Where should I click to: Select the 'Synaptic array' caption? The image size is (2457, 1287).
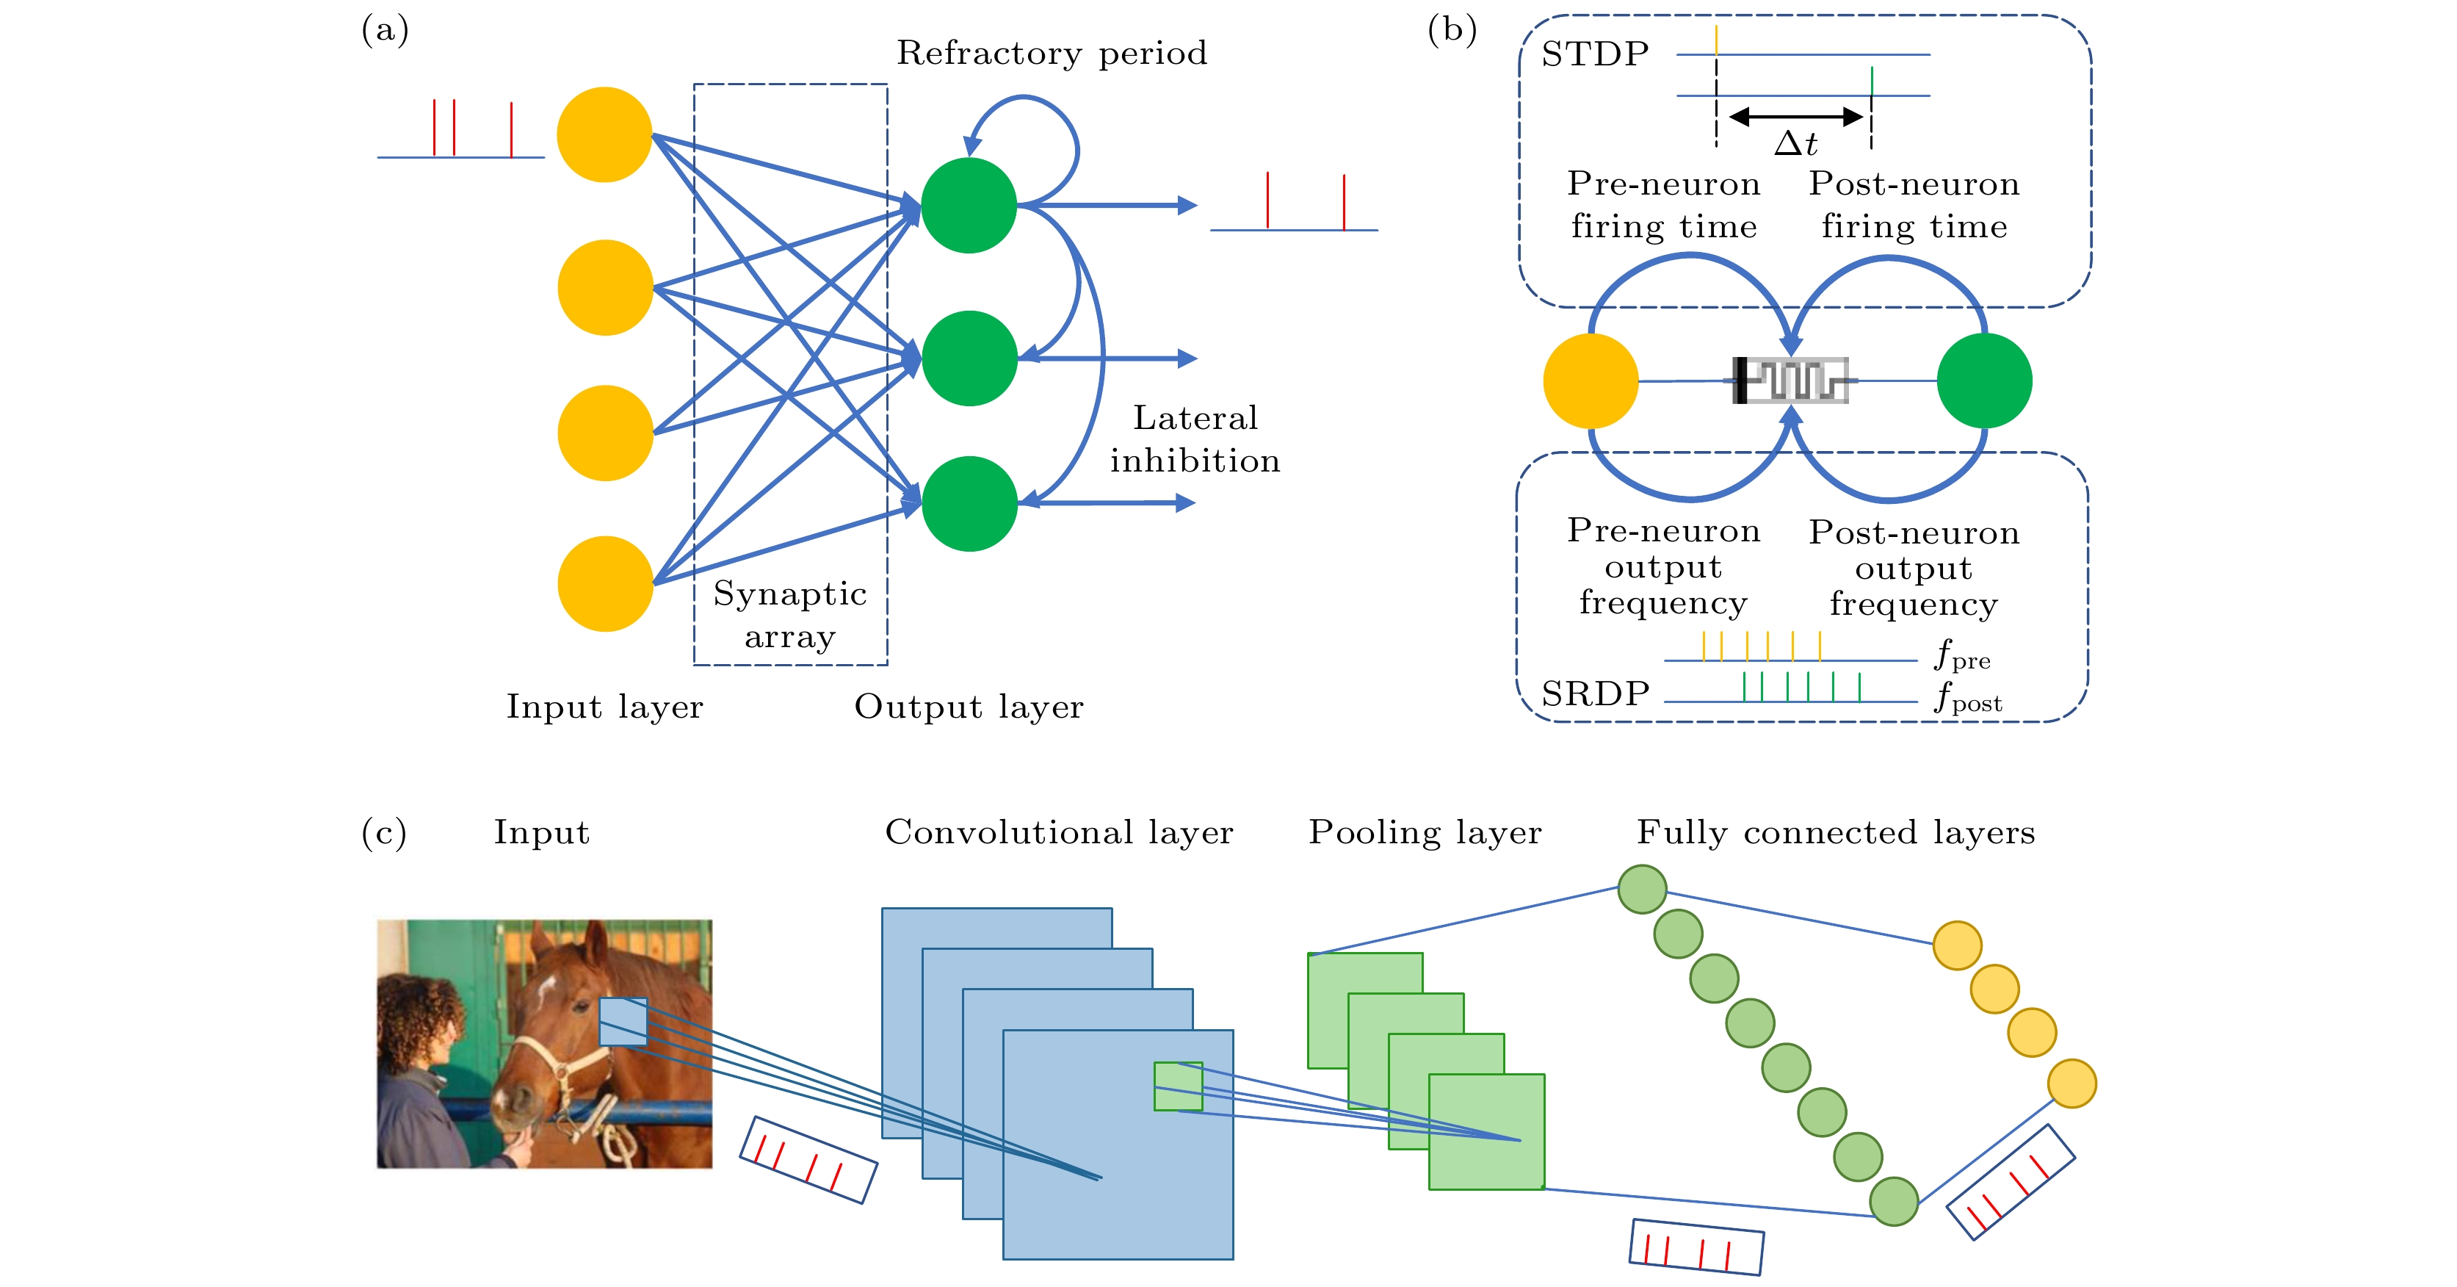tap(790, 614)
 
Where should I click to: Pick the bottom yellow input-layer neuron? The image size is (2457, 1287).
tap(605, 583)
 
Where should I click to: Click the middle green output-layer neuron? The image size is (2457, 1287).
tap(969, 358)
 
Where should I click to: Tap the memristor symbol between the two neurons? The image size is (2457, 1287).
tap(1790, 380)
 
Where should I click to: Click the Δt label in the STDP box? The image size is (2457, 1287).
tap(1795, 144)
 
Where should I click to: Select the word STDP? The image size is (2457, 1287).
tap(1595, 54)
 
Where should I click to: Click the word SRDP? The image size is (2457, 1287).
tap(1595, 693)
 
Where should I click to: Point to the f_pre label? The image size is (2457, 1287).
tap(1961, 657)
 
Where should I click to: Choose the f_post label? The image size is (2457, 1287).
tap(1966, 699)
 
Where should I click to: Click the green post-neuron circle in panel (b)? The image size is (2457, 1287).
tap(1984, 381)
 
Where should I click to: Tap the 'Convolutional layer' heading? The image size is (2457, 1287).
tap(1059, 832)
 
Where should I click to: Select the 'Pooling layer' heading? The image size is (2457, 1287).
tap(1424, 832)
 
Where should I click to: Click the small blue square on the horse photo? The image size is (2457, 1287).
tap(623, 1021)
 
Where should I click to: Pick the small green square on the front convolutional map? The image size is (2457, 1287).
tap(1178, 1086)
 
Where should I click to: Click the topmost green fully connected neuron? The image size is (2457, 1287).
tap(1641, 889)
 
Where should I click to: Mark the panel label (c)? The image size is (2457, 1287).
tap(383, 832)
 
